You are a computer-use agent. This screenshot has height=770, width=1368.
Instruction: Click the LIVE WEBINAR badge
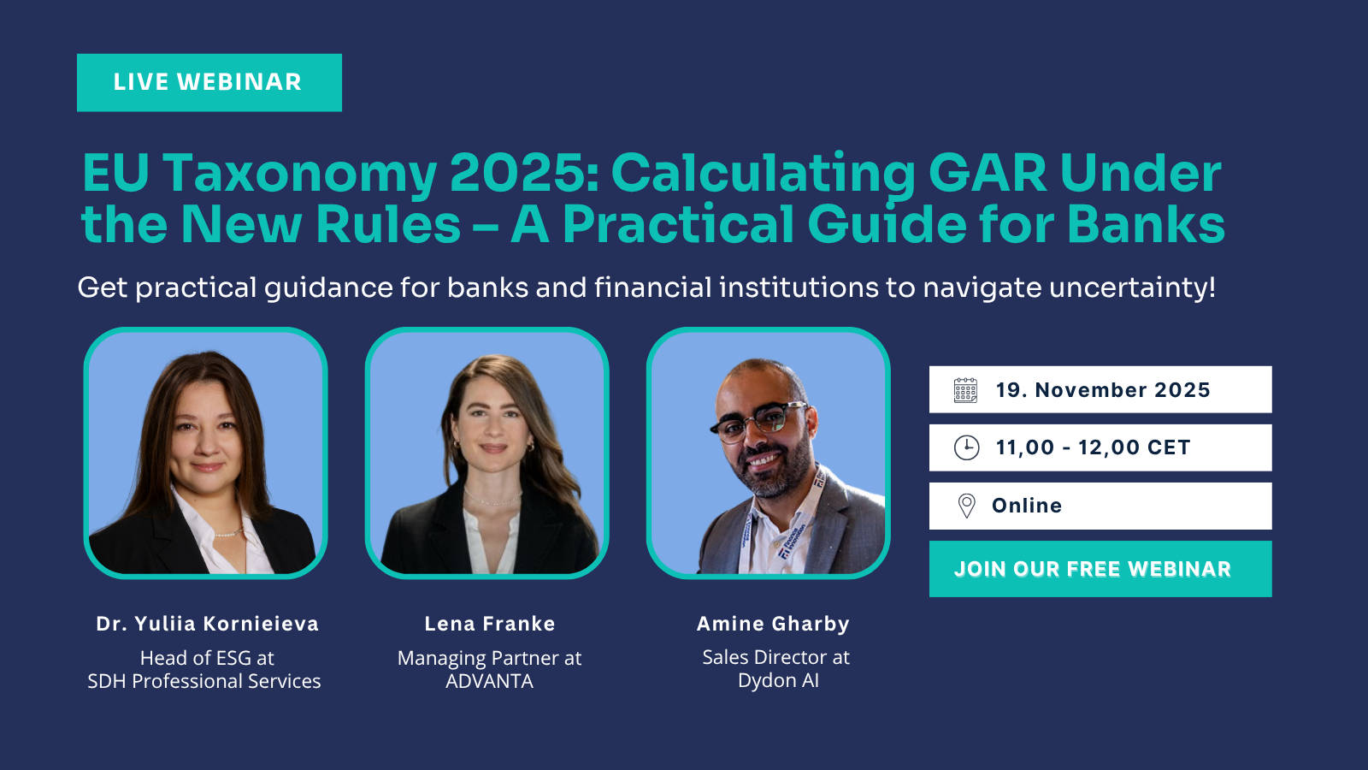pyautogui.click(x=209, y=82)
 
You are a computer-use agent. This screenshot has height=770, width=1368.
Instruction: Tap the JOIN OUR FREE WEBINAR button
pyautogui.click(x=1100, y=569)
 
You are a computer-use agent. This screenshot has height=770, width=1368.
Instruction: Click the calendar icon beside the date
pyautogui.click(x=965, y=390)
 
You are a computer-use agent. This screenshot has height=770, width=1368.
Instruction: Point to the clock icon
pyautogui.click(x=966, y=447)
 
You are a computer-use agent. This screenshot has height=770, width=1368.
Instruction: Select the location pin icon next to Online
pyautogui.click(x=966, y=506)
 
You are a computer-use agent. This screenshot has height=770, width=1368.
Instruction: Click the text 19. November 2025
pyautogui.click(x=1102, y=390)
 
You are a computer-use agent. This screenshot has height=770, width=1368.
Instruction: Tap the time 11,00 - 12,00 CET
pyautogui.click(x=1092, y=447)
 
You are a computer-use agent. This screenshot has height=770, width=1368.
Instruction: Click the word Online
pyautogui.click(x=1026, y=506)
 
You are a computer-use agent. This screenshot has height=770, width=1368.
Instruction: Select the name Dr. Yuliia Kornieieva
pyautogui.click(x=207, y=624)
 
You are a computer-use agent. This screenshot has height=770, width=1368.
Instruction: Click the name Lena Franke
pyautogui.click(x=489, y=624)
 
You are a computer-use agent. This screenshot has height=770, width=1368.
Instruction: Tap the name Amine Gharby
pyautogui.click(x=773, y=624)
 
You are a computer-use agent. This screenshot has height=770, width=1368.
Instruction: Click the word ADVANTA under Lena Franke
pyautogui.click(x=489, y=681)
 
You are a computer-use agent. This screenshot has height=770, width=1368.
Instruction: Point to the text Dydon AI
pyautogui.click(x=778, y=680)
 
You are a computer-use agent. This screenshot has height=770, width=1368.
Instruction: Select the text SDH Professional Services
pyautogui.click(x=204, y=681)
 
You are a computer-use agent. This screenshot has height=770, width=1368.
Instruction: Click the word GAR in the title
pyautogui.click(x=988, y=174)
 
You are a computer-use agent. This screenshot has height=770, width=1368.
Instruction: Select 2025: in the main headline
pyautogui.click(x=523, y=174)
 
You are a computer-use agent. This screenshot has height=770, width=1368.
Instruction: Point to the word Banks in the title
pyautogui.click(x=1146, y=225)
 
